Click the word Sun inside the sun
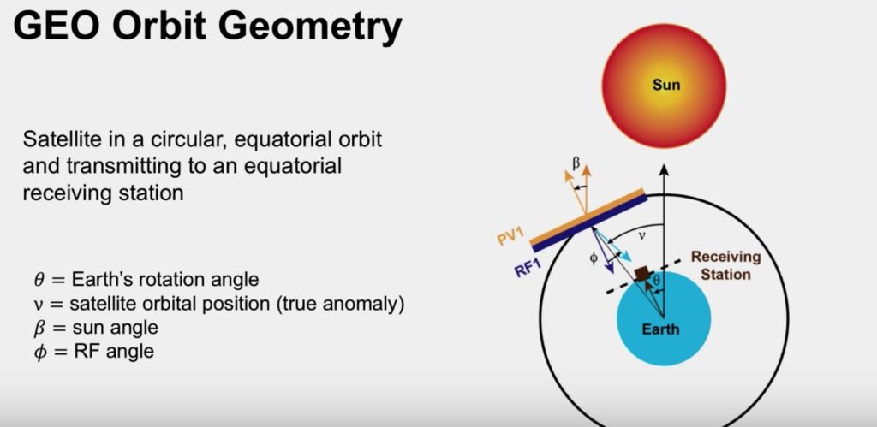pos(666,85)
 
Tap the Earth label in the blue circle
pos(661,329)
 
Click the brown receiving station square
pos(642,274)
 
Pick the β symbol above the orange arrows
pos(576,161)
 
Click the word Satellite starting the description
pos(62,138)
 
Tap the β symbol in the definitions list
pos(36,328)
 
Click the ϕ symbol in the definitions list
pos(36,351)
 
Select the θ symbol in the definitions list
pos(36,280)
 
